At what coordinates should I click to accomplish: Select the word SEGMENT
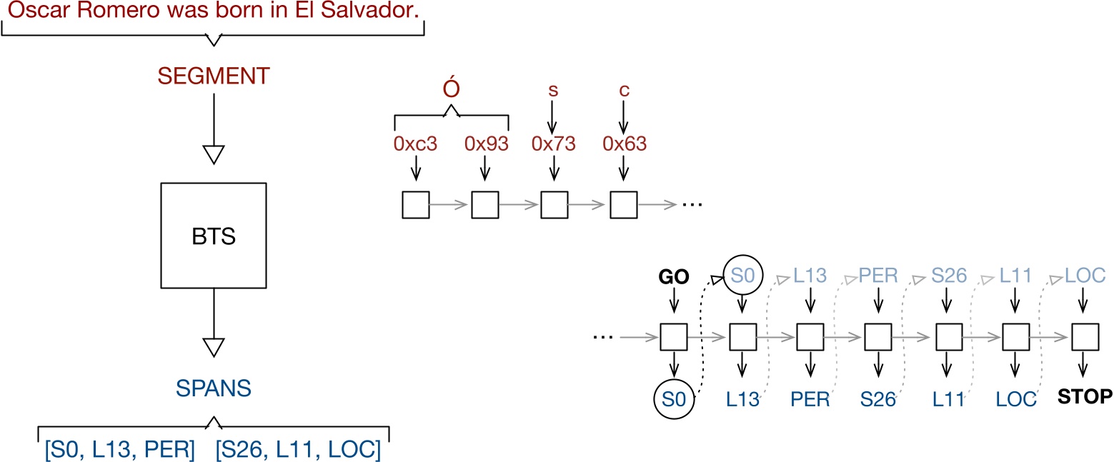214,76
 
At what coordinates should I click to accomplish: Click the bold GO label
672,278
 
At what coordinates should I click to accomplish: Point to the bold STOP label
1083,396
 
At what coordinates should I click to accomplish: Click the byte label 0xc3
415,144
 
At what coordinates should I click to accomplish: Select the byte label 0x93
486,144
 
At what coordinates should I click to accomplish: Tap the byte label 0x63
624,144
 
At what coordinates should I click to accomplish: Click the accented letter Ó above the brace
451,93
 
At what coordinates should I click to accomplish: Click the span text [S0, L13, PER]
119,451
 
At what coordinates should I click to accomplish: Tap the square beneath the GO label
673,336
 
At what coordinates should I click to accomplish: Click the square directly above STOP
1084,336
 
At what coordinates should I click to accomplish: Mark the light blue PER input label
877,276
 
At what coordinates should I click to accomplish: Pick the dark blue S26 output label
877,399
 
